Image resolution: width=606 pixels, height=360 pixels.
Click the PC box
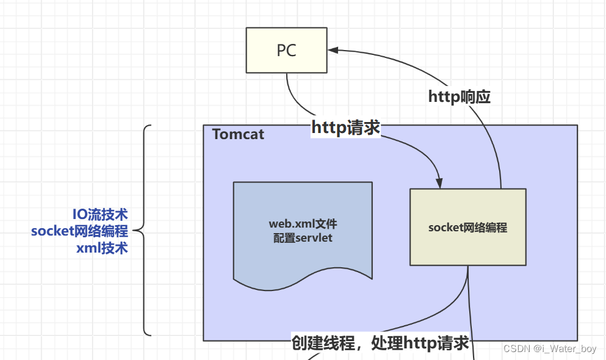click(x=286, y=50)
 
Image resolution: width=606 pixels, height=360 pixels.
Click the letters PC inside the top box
click(x=286, y=51)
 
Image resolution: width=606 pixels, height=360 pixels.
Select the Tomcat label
click(x=238, y=134)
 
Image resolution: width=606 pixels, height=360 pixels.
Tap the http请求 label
click(x=345, y=128)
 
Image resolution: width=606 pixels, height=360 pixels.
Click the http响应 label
click(x=459, y=96)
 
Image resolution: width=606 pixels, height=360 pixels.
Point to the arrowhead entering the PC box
click(x=333, y=50)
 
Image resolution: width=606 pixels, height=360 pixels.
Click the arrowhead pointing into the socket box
click(x=439, y=183)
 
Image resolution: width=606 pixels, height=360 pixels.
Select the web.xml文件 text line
click(x=303, y=224)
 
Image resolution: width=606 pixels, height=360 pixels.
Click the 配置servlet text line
click(x=303, y=237)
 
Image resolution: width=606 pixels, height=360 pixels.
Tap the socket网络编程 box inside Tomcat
click(x=467, y=227)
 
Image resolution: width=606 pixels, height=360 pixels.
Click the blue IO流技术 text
click(x=100, y=214)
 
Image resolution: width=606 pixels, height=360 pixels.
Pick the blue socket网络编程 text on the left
click(x=79, y=231)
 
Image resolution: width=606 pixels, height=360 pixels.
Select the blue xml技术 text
click(x=102, y=248)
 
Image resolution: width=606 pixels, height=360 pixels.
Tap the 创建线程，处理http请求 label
click(x=380, y=343)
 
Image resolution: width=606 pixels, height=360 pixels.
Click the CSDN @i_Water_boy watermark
click(x=550, y=348)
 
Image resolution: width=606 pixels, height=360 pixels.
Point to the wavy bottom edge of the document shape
click(x=303, y=279)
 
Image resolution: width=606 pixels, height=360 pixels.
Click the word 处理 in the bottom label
click(x=387, y=343)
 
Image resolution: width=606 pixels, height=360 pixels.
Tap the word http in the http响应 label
click(x=444, y=96)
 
